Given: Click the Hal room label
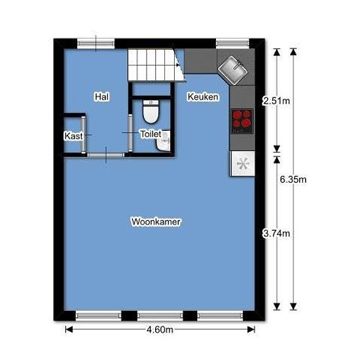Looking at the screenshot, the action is point(102,97).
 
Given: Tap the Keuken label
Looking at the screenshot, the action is point(203,97).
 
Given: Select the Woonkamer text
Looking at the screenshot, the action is point(156,222).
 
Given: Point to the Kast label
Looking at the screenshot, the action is point(73,136).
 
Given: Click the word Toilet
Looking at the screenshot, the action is point(151,134).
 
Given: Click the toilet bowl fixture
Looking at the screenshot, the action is point(151,111).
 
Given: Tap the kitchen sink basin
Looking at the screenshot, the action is point(232,69).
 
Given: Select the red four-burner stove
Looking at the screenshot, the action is point(242,121).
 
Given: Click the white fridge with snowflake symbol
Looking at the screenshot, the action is point(243,164).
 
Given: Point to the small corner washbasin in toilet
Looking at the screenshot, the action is point(164,141).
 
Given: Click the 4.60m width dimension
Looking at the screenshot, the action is point(160,330).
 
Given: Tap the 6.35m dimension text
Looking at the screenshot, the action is point(293,179).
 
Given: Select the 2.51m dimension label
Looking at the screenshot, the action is point(276,101).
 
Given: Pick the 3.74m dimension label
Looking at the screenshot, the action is point(276,234).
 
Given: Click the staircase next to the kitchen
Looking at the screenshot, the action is point(156,65).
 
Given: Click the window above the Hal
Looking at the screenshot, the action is point(96,43).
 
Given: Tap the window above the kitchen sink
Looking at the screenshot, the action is point(232,43).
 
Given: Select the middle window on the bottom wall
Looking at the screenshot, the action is point(160,315).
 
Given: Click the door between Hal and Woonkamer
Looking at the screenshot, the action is point(105,155).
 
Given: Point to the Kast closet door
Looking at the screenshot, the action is point(84,135).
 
